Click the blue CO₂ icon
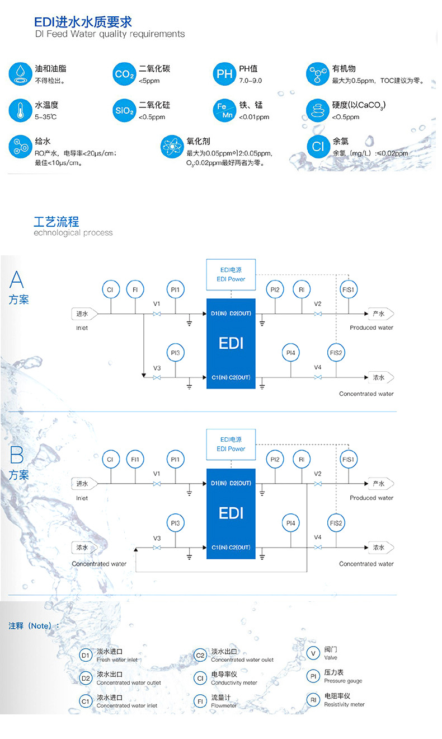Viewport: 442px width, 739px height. pos(124,74)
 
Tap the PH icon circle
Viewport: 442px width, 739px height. pos(224,74)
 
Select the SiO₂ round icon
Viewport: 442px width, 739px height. pos(124,110)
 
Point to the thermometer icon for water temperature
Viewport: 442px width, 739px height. pos(21,110)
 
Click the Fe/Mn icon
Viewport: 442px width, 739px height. pos(224,110)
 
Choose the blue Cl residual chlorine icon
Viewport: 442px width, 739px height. pos(318,147)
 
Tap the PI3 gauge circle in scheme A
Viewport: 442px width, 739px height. pos(175,353)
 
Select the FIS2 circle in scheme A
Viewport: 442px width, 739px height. pos(336,353)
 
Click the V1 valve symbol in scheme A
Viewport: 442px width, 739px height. pos(157,314)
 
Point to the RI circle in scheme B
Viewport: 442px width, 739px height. pos(302,459)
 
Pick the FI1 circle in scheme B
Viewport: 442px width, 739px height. pos(135,459)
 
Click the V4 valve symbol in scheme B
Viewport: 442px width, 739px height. pos(318,548)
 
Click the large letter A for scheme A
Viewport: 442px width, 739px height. pos(16,279)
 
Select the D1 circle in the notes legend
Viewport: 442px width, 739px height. pos(86,656)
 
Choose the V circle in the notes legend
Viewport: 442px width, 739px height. pos(313,653)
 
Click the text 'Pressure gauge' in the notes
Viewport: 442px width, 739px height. pos(343,681)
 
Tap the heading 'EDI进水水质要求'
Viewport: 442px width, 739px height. pos(83,22)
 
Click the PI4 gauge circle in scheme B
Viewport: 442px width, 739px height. pos(291,523)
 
